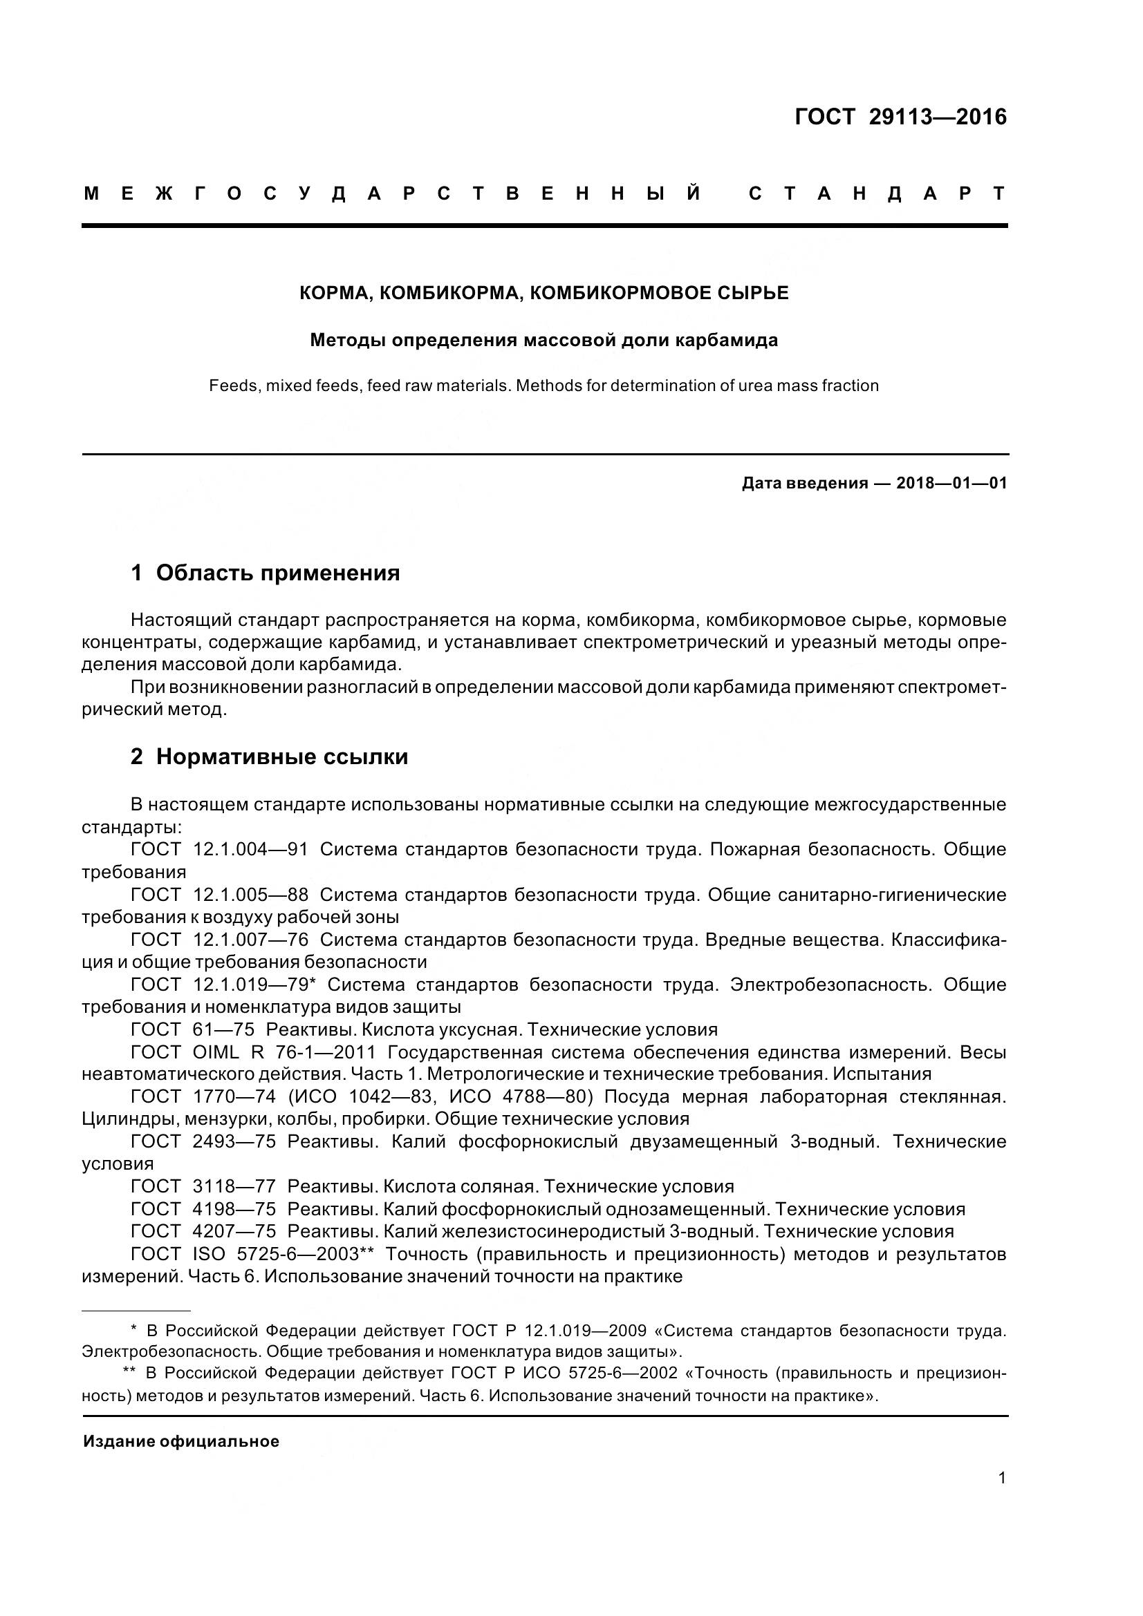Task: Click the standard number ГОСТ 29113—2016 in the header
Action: click(901, 117)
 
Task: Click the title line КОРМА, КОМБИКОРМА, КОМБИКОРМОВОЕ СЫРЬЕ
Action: click(543, 294)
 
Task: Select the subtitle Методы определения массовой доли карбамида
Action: click(543, 341)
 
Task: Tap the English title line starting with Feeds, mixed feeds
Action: click(543, 386)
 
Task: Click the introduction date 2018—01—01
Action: click(951, 484)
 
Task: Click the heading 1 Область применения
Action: click(266, 573)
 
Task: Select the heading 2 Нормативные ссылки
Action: click(269, 757)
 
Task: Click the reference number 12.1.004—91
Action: click(251, 850)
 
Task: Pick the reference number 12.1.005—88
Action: click(251, 895)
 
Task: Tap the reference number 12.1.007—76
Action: click(251, 940)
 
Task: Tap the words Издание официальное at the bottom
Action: click(181, 1441)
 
